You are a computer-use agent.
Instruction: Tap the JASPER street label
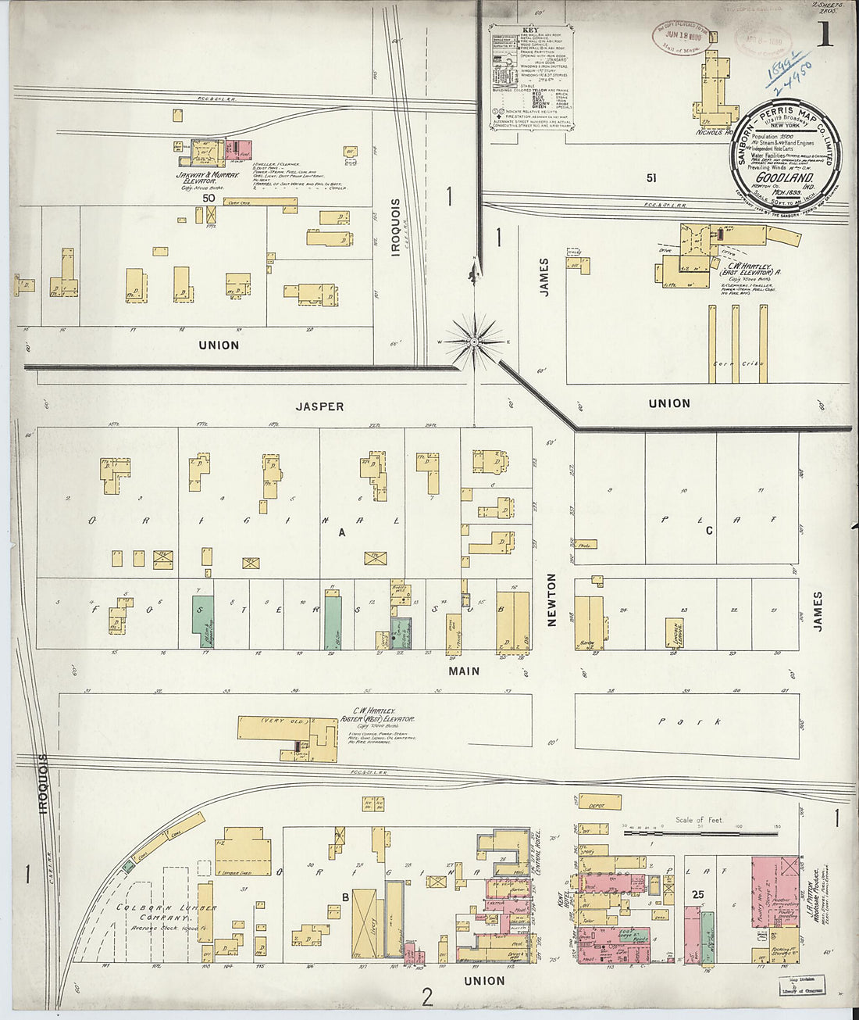pos(319,406)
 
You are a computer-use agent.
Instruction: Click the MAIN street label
pos(464,671)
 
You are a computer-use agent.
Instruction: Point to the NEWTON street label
pos(551,599)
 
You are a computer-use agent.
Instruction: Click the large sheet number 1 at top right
pos(824,35)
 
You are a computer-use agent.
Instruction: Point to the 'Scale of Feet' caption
pos(699,820)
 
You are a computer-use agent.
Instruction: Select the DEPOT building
pos(600,802)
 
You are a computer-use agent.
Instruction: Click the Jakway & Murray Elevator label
pos(209,179)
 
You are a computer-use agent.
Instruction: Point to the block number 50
pos(209,199)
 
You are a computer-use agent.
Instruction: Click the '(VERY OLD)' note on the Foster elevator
pos(281,720)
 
